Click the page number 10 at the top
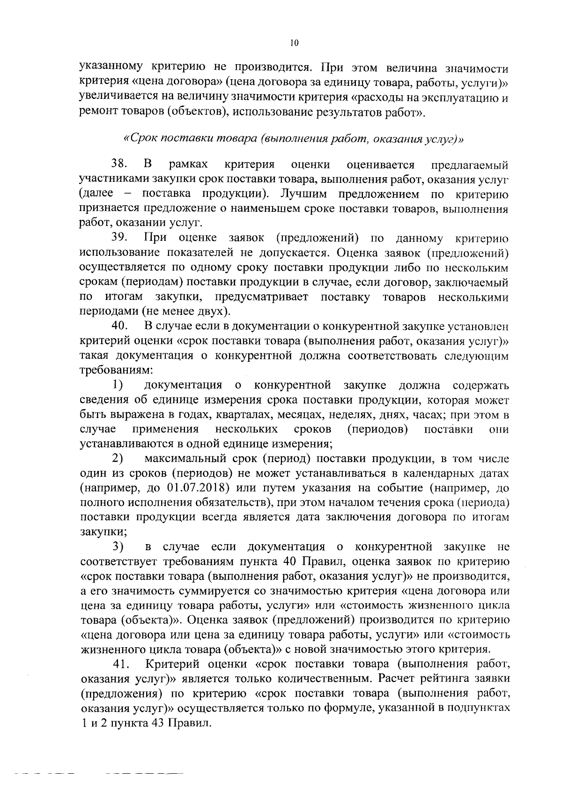(x=294, y=43)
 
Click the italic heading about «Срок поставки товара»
(x=293, y=139)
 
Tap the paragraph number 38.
(x=120, y=164)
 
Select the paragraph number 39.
(x=120, y=238)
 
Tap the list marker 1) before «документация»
(x=118, y=385)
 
